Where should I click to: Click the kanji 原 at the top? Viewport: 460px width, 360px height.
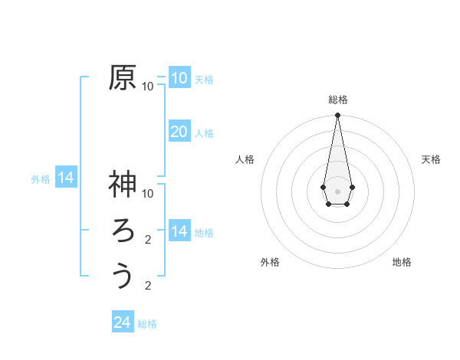click(x=123, y=78)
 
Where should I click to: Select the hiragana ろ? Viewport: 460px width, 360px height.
click(x=123, y=231)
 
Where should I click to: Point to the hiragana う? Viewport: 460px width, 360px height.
click(x=123, y=275)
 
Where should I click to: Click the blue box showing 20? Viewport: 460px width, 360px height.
click(x=179, y=131)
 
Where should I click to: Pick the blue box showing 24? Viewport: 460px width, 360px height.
click(x=123, y=322)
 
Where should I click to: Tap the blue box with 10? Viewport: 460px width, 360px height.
click(x=179, y=77)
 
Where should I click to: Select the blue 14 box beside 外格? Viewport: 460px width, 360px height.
click(x=66, y=178)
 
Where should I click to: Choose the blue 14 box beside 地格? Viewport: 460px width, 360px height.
click(x=179, y=231)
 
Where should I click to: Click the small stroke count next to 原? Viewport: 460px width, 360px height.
click(x=148, y=87)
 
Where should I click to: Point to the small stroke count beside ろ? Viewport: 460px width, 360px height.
click(x=148, y=240)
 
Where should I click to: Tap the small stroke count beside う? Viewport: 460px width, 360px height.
click(x=148, y=286)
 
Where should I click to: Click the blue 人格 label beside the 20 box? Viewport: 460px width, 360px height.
click(x=204, y=133)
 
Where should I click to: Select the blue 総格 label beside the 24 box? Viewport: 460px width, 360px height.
click(x=147, y=324)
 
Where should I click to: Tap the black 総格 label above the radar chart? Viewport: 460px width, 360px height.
click(x=338, y=100)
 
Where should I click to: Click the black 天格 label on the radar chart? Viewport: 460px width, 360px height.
click(x=431, y=159)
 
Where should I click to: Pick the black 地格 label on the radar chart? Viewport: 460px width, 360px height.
click(x=402, y=262)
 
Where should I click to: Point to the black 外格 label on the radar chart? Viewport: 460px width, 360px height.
click(x=270, y=262)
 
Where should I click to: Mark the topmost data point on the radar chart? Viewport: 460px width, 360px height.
click(x=337, y=116)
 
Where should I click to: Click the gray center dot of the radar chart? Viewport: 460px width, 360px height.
click(x=337, y=190)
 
